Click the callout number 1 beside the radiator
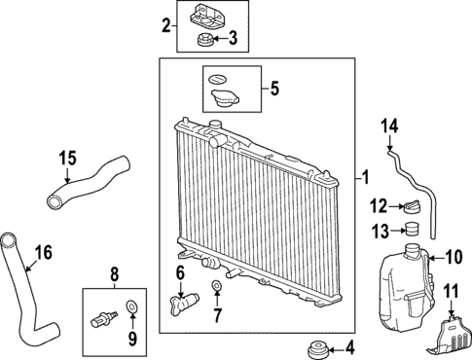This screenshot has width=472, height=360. (365, 177)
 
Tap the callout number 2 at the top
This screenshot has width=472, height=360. (166, 24)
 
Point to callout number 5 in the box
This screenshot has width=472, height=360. (273, 89)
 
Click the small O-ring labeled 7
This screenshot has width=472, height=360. (216, 287)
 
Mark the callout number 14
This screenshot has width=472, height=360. (389, 126)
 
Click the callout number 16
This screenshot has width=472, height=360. (42, 255)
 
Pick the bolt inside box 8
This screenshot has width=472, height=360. (103, 318)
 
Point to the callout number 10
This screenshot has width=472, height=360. (454, 257)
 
